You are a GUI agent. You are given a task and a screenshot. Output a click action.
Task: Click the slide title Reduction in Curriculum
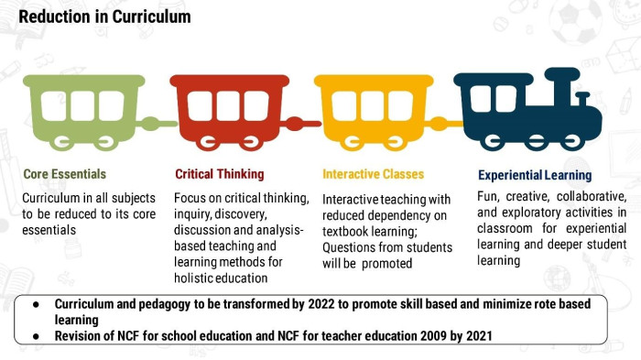point(104,16)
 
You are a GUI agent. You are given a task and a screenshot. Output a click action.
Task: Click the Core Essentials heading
point(65,174)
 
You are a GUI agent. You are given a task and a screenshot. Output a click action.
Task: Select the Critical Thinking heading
point(220,174)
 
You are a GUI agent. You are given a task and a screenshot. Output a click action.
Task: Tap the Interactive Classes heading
point(374,174)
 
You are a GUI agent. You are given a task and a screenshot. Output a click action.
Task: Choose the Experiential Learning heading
point(535,176)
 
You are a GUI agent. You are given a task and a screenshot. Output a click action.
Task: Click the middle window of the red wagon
point(228,106)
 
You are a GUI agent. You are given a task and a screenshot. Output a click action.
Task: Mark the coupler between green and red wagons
point(158,123)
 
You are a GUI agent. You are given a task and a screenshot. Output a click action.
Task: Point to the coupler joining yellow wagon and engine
point(446,124)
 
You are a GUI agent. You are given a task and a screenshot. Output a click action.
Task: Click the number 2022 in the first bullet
point(321,304)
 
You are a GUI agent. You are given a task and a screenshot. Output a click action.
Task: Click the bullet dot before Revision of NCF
point(36,336)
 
